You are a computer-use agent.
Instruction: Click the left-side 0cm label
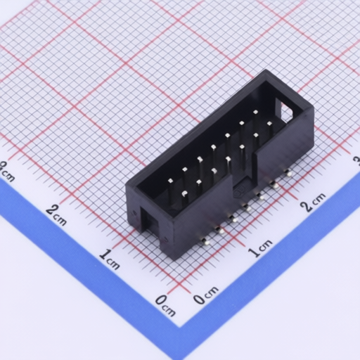(x=166, y=305)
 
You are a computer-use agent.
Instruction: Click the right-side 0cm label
(x=206, y=295)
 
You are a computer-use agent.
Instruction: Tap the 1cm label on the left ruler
(x=109, y=259)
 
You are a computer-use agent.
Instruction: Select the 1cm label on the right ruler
(x=260, y=248)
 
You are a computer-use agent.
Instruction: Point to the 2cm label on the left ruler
(x=56, y=214)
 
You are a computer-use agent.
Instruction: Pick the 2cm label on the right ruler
(x=314, y=202)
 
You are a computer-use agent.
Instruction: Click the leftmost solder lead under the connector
(x=205, y=242)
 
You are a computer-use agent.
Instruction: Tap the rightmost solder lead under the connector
(x=288, y=173)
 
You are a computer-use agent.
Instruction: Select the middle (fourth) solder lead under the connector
(x=246, y=207)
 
